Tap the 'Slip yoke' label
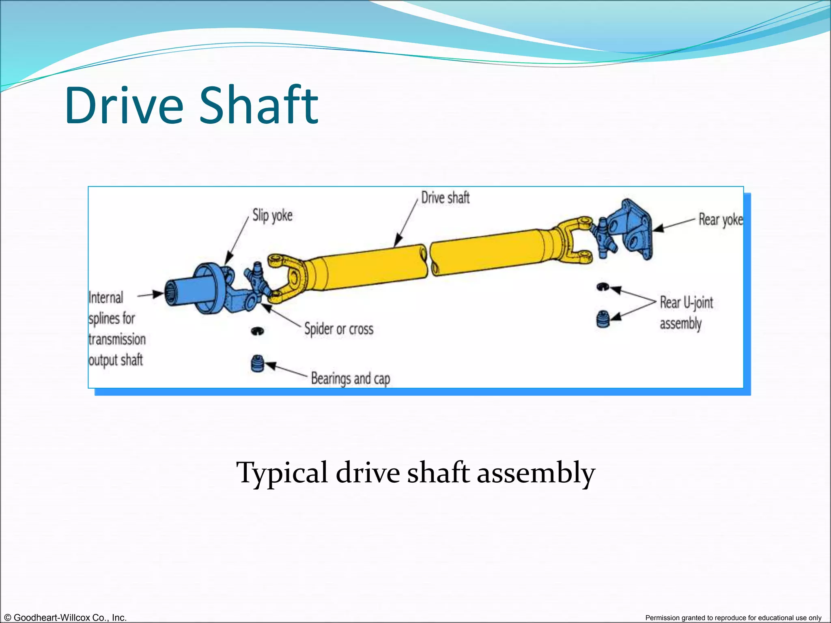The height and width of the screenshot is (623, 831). coord(272,215)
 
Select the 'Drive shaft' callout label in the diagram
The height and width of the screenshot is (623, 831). coord(445,198)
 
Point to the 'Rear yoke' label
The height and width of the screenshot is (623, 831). coord(720,220)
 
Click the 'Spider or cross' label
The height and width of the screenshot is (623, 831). coord(339,329)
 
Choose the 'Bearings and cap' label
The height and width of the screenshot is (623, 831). coord(350,378)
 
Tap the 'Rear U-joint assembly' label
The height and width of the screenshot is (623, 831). coord(686,313)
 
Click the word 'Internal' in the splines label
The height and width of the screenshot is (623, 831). coord(106,298)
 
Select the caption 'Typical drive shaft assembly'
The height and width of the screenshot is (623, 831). coord(415,473)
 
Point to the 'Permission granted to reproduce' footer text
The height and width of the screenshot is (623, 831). coord(733,618)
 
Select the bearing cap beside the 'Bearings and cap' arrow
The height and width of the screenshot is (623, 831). coord(257,363)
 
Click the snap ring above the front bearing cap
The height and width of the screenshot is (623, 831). coord(257,331)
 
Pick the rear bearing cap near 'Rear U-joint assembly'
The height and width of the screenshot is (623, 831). coord(603,319)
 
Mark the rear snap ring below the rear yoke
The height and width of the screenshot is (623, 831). coord(603,287)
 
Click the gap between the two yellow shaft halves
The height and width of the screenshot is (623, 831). coord(428,260)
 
